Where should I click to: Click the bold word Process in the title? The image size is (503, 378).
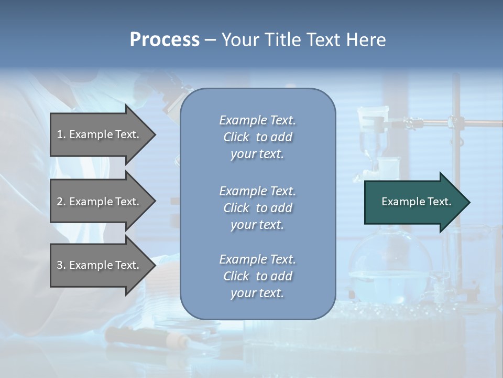[165, 40]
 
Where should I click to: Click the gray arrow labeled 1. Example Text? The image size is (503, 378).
[100, 135]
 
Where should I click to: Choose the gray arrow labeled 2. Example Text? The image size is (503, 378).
[100, 202]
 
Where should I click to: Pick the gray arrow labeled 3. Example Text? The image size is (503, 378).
[100, 265]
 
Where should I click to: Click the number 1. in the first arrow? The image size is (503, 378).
[61, 134]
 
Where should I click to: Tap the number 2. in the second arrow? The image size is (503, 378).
[61, 202]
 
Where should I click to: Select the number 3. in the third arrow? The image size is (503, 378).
[61, 265]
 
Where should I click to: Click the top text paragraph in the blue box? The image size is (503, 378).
[257, 137]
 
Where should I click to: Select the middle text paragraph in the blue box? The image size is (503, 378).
[257, 207]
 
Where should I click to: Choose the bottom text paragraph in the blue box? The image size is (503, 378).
[257, 276]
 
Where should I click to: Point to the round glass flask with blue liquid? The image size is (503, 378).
[390, 265]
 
